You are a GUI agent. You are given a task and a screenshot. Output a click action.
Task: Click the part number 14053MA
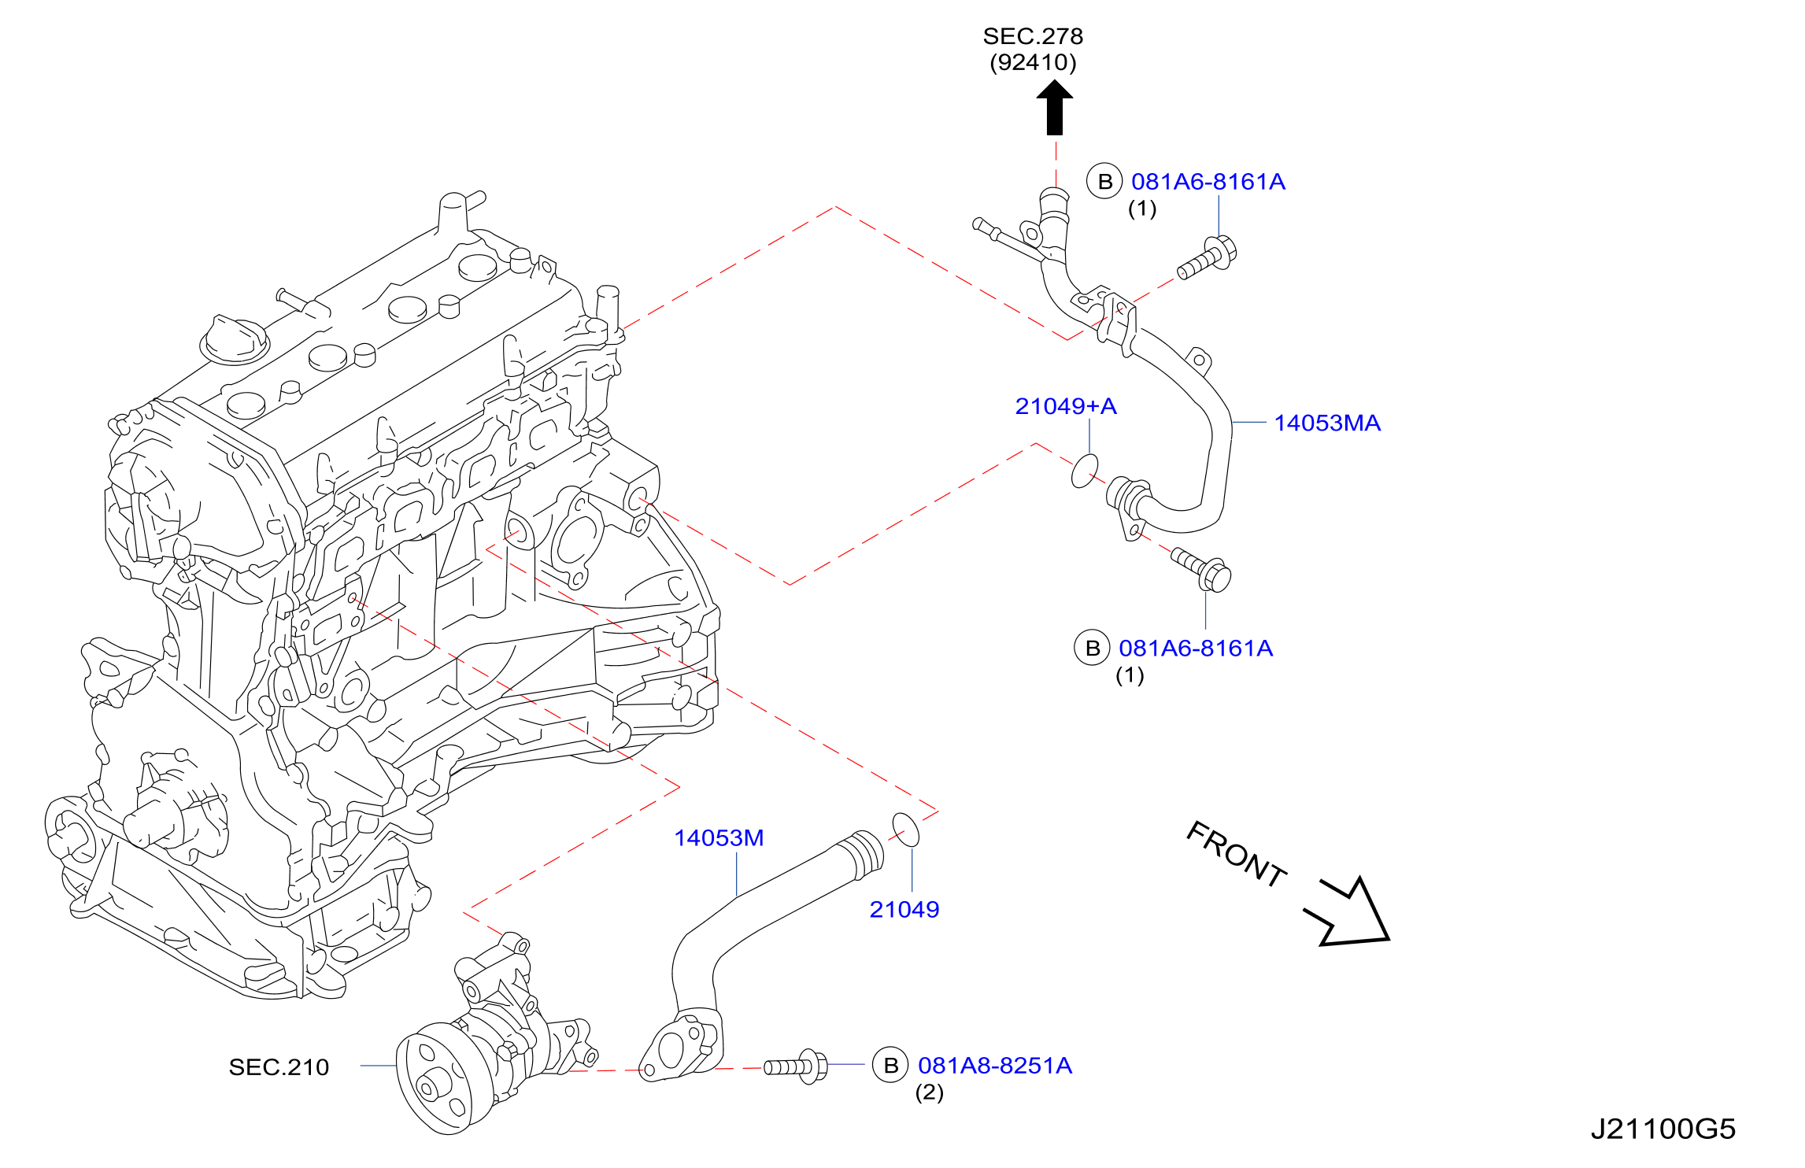(x=1327, y=423)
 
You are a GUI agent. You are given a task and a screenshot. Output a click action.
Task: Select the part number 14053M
(x=719, y=838)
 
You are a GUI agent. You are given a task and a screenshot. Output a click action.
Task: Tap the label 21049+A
(x=1066, y=406)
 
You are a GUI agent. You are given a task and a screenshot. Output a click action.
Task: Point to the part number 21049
(x=904, y=910)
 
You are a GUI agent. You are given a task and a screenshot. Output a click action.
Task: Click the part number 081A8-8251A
(x=995, y=1066)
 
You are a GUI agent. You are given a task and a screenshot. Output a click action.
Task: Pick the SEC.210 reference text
(x=279, y=1067)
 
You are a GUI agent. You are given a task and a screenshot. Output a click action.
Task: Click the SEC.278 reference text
(x=1033, y=36)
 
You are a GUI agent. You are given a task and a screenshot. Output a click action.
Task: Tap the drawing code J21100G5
(x=1663, y=1129)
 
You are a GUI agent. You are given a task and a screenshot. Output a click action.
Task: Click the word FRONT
(x=1236, y=855)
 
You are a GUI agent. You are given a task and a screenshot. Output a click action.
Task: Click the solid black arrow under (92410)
(x=1055, y=109)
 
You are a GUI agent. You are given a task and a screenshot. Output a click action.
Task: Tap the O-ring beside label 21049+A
(x=1085, y=471)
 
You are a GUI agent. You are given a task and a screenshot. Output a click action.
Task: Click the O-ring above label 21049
(x=905, y=830)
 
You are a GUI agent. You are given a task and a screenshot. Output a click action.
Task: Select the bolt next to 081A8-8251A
(x=796, y=1066)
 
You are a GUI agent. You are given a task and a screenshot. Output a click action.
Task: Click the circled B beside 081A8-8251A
(x=890, y=1066)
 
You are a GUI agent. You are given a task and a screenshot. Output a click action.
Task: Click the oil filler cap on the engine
(x=235, y=340)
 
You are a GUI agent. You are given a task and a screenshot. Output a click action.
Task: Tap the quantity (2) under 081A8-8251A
(x=929, y=1092)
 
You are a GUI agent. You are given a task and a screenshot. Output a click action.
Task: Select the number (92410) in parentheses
(x=1033, y=62)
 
